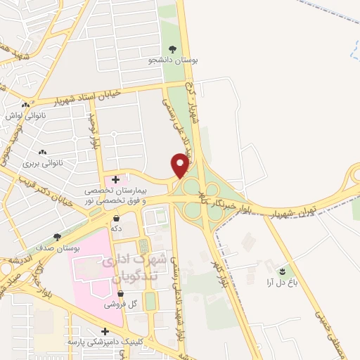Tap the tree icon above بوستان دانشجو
[172, 48]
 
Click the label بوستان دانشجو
[173, 60]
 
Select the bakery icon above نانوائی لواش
[25, 105]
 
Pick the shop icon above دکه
[115, 218]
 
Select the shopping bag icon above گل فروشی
[120, 294]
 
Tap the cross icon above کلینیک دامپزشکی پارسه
[105, 330]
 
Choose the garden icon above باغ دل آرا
[283, 271]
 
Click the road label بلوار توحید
[92, 133]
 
